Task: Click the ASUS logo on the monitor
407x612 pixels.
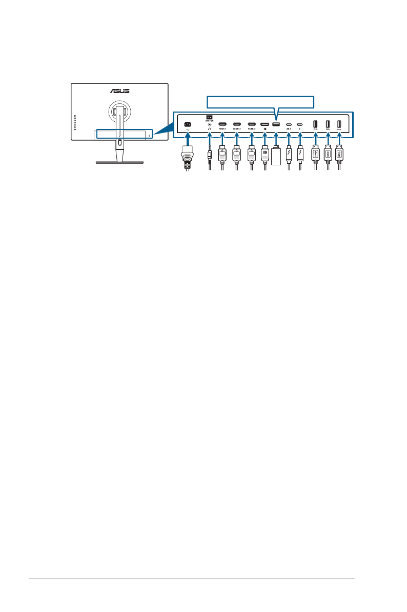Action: click(118, 92)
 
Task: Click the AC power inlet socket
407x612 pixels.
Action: click(188, 124)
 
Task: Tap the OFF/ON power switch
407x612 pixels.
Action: click(209, 117)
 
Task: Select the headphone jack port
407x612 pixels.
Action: click(209, 124)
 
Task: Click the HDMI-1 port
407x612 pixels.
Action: click(222, 124)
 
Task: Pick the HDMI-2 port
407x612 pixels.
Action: click(237, 124)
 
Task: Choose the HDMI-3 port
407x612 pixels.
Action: click(251, 124)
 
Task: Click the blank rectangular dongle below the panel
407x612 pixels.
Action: click(276, 157)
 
